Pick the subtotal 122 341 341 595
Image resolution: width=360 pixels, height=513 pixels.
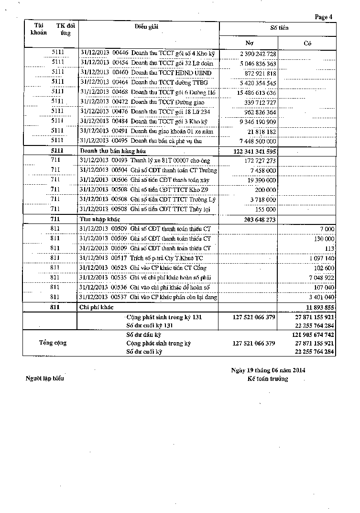point(255,151)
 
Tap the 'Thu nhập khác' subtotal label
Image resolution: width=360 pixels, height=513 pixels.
point(98,219)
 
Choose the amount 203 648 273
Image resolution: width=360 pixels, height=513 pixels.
point(257,219)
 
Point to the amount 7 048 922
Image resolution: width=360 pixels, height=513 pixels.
point(321,278)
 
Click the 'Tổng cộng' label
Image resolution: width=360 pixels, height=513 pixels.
point(53,343)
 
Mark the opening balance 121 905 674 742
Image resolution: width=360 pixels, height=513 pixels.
point(313,335)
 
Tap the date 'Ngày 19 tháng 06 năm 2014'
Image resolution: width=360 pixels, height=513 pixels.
point(268,370)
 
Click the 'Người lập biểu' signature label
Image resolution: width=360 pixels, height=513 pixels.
point(44,379)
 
